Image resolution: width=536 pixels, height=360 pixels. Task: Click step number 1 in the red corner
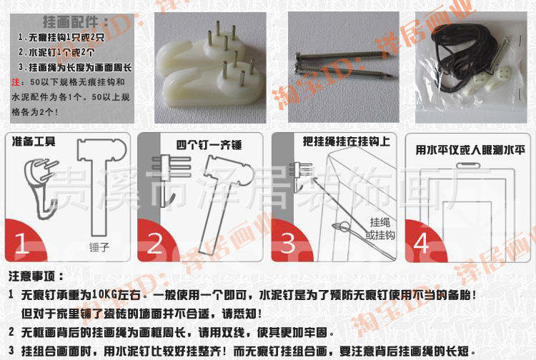(21, 244)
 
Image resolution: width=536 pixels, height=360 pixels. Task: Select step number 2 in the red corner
(154, 244)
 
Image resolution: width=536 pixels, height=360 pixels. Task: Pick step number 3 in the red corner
(287, 244)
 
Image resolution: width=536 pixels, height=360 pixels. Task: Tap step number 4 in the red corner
(421, 244)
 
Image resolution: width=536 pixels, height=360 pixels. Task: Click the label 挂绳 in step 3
(379, 222)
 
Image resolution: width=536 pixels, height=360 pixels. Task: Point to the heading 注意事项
(36, 276)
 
